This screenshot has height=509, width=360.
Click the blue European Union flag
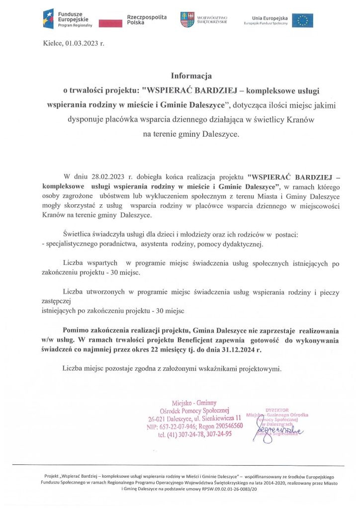coord(302,20)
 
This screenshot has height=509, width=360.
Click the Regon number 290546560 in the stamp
coord(229,426)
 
